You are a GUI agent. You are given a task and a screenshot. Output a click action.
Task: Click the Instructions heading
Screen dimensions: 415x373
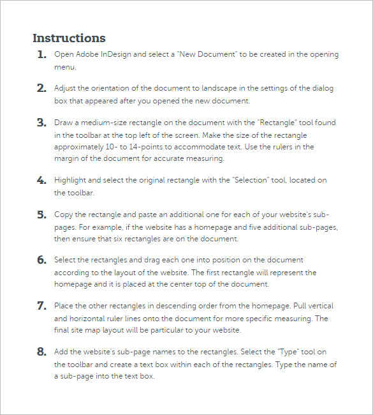tap(69, 38)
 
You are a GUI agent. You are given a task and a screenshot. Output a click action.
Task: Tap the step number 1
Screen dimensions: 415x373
tap(41, 55)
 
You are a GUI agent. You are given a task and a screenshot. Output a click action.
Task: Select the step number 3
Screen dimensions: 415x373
tap(41, 123)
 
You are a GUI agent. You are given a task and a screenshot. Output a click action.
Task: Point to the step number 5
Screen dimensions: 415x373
tap(41, 215)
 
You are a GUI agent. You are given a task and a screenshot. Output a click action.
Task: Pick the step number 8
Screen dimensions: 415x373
tap(41, 352)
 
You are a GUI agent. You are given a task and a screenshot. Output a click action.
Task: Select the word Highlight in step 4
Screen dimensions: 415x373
tap(71, 181)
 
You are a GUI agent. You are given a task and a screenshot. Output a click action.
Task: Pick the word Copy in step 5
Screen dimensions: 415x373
tap(64, 215)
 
